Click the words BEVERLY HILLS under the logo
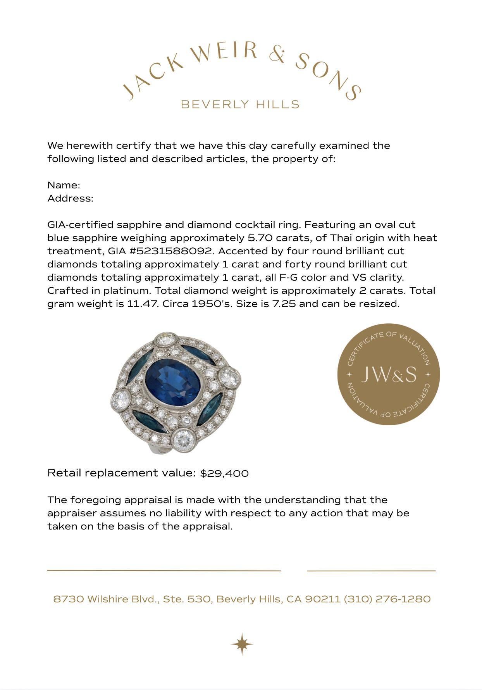[240, 104]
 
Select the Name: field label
[64, 185]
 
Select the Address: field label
[71, 198]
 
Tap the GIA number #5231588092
[171, 251]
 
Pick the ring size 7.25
[284, 304]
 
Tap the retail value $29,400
[224, 473]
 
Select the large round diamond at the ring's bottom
[183, 438]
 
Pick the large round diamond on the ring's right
[229, 377]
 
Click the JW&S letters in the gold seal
[389, 374]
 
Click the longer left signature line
[164, 571]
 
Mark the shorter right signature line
[371, 571]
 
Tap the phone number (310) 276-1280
[387, 599]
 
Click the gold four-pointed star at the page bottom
[242, 644]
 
